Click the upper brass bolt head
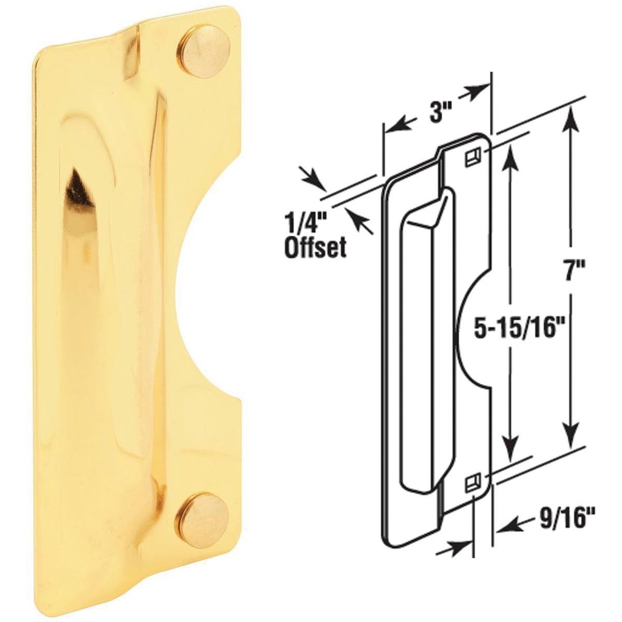point(198,49)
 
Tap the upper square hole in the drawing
point(472,157)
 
